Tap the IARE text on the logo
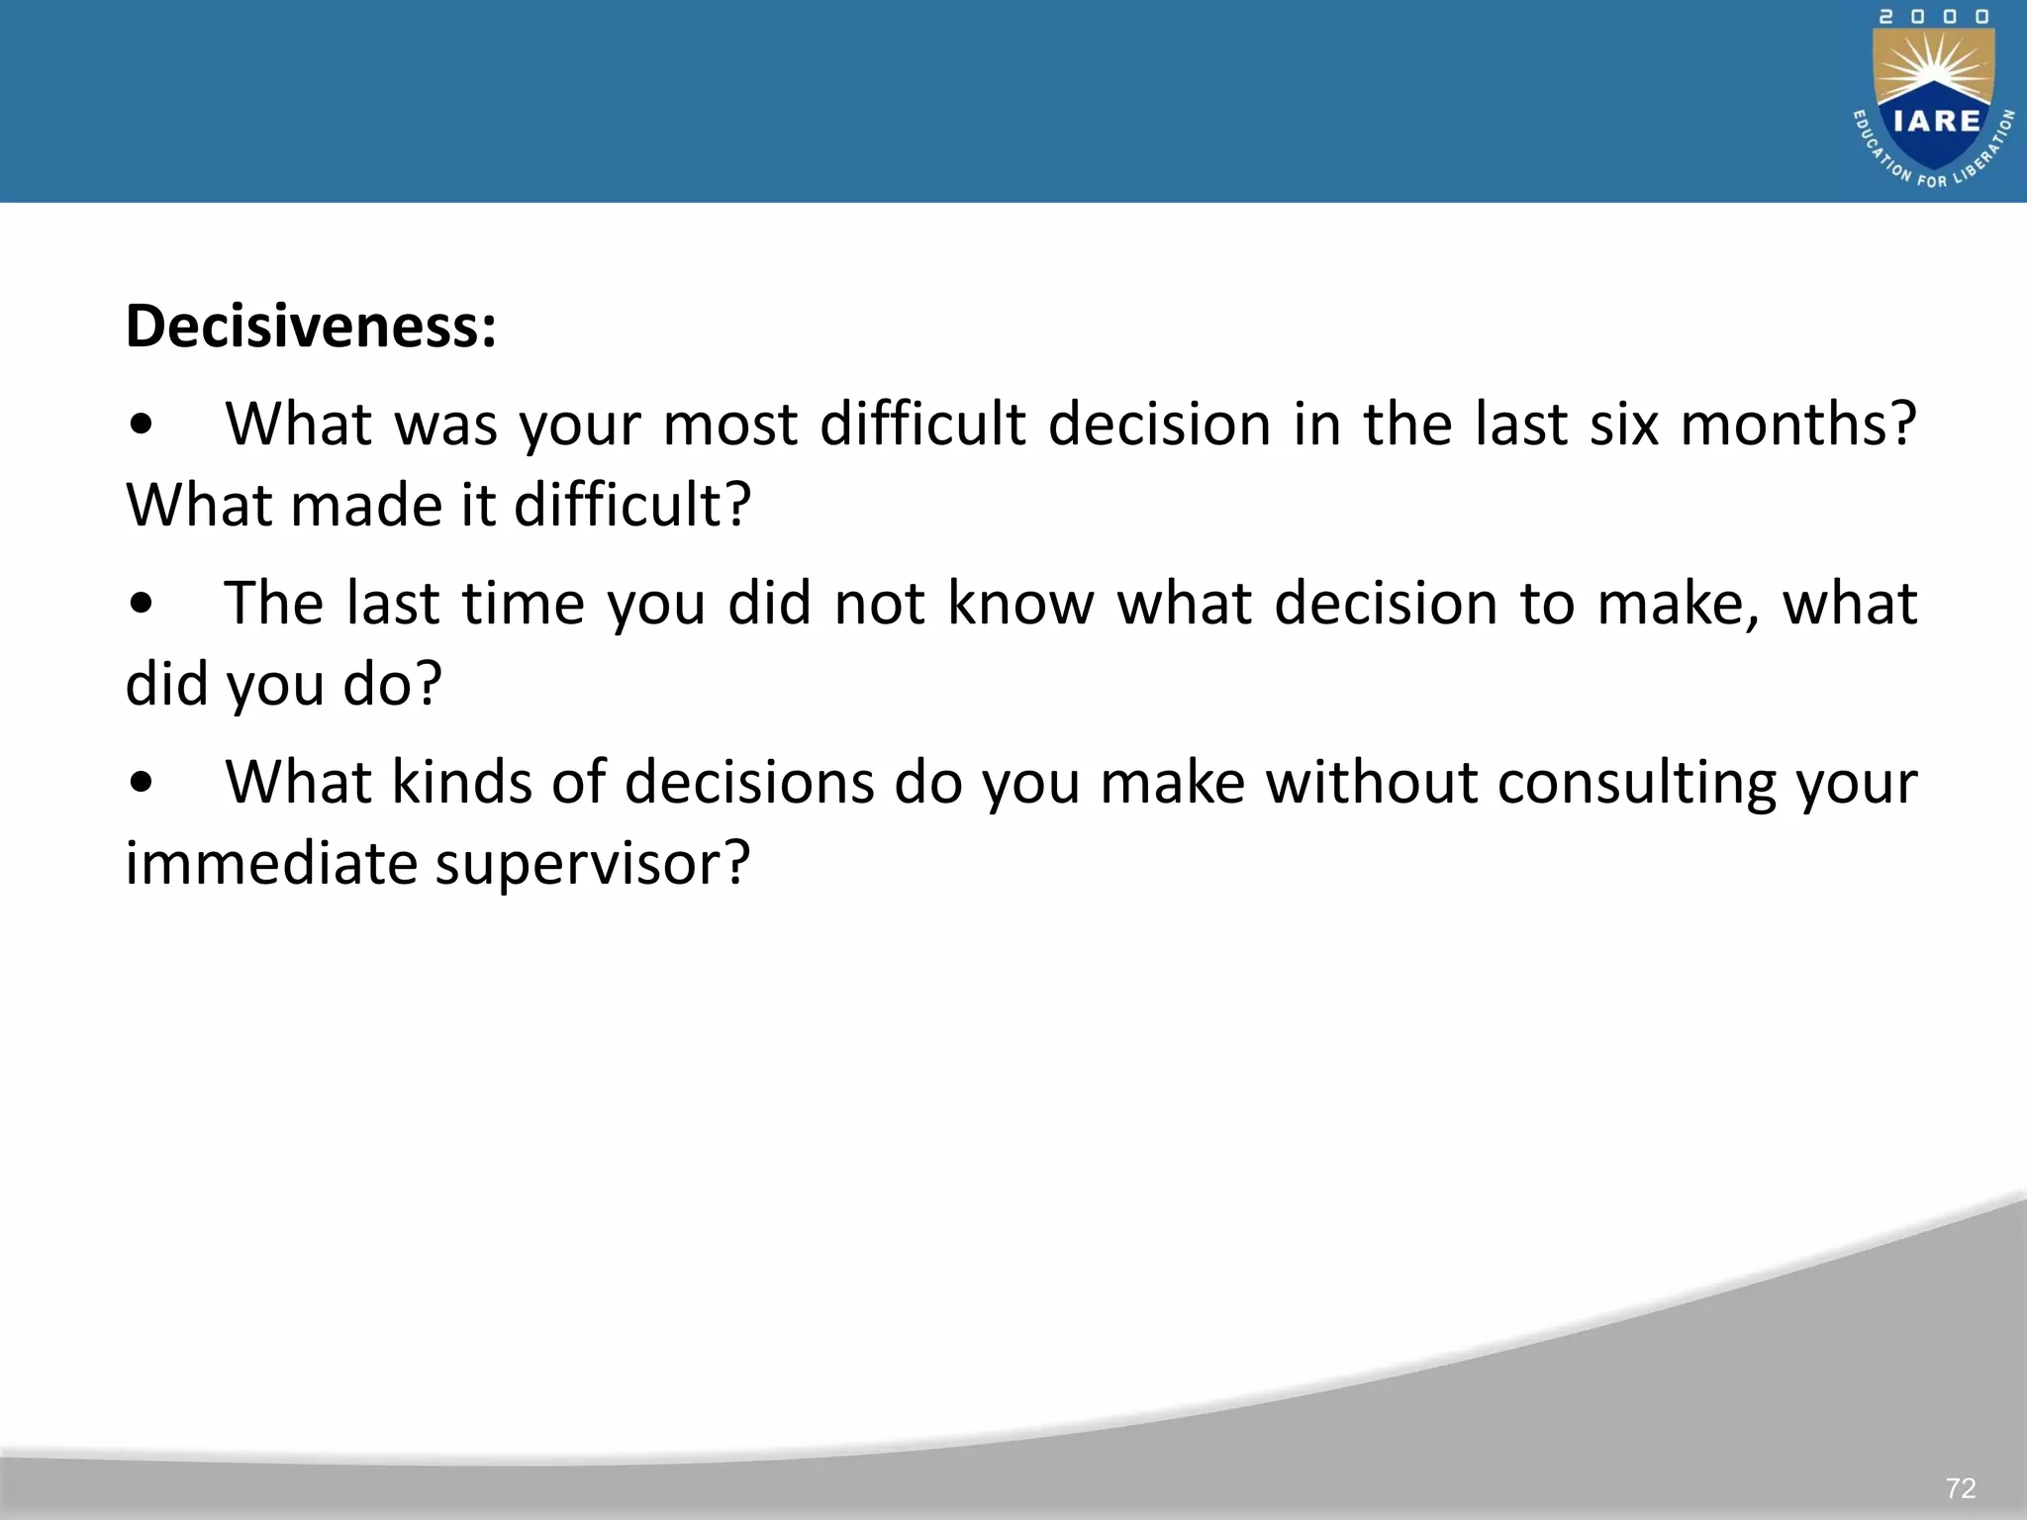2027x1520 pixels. tap(1937, 121)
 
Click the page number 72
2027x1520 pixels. tap(1960, 1488)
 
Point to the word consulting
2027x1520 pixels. tap(1637, 783)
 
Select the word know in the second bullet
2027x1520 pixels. tap(1020, 604)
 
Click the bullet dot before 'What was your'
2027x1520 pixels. tap(142, 426)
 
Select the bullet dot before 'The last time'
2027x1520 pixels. tap(142, 605)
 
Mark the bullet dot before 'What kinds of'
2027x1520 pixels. tap(142, 784)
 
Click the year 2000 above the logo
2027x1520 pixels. tap(1934, 17)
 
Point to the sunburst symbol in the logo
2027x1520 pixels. tap(1934, 69)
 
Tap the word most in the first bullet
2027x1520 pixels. tap(729, 425)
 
